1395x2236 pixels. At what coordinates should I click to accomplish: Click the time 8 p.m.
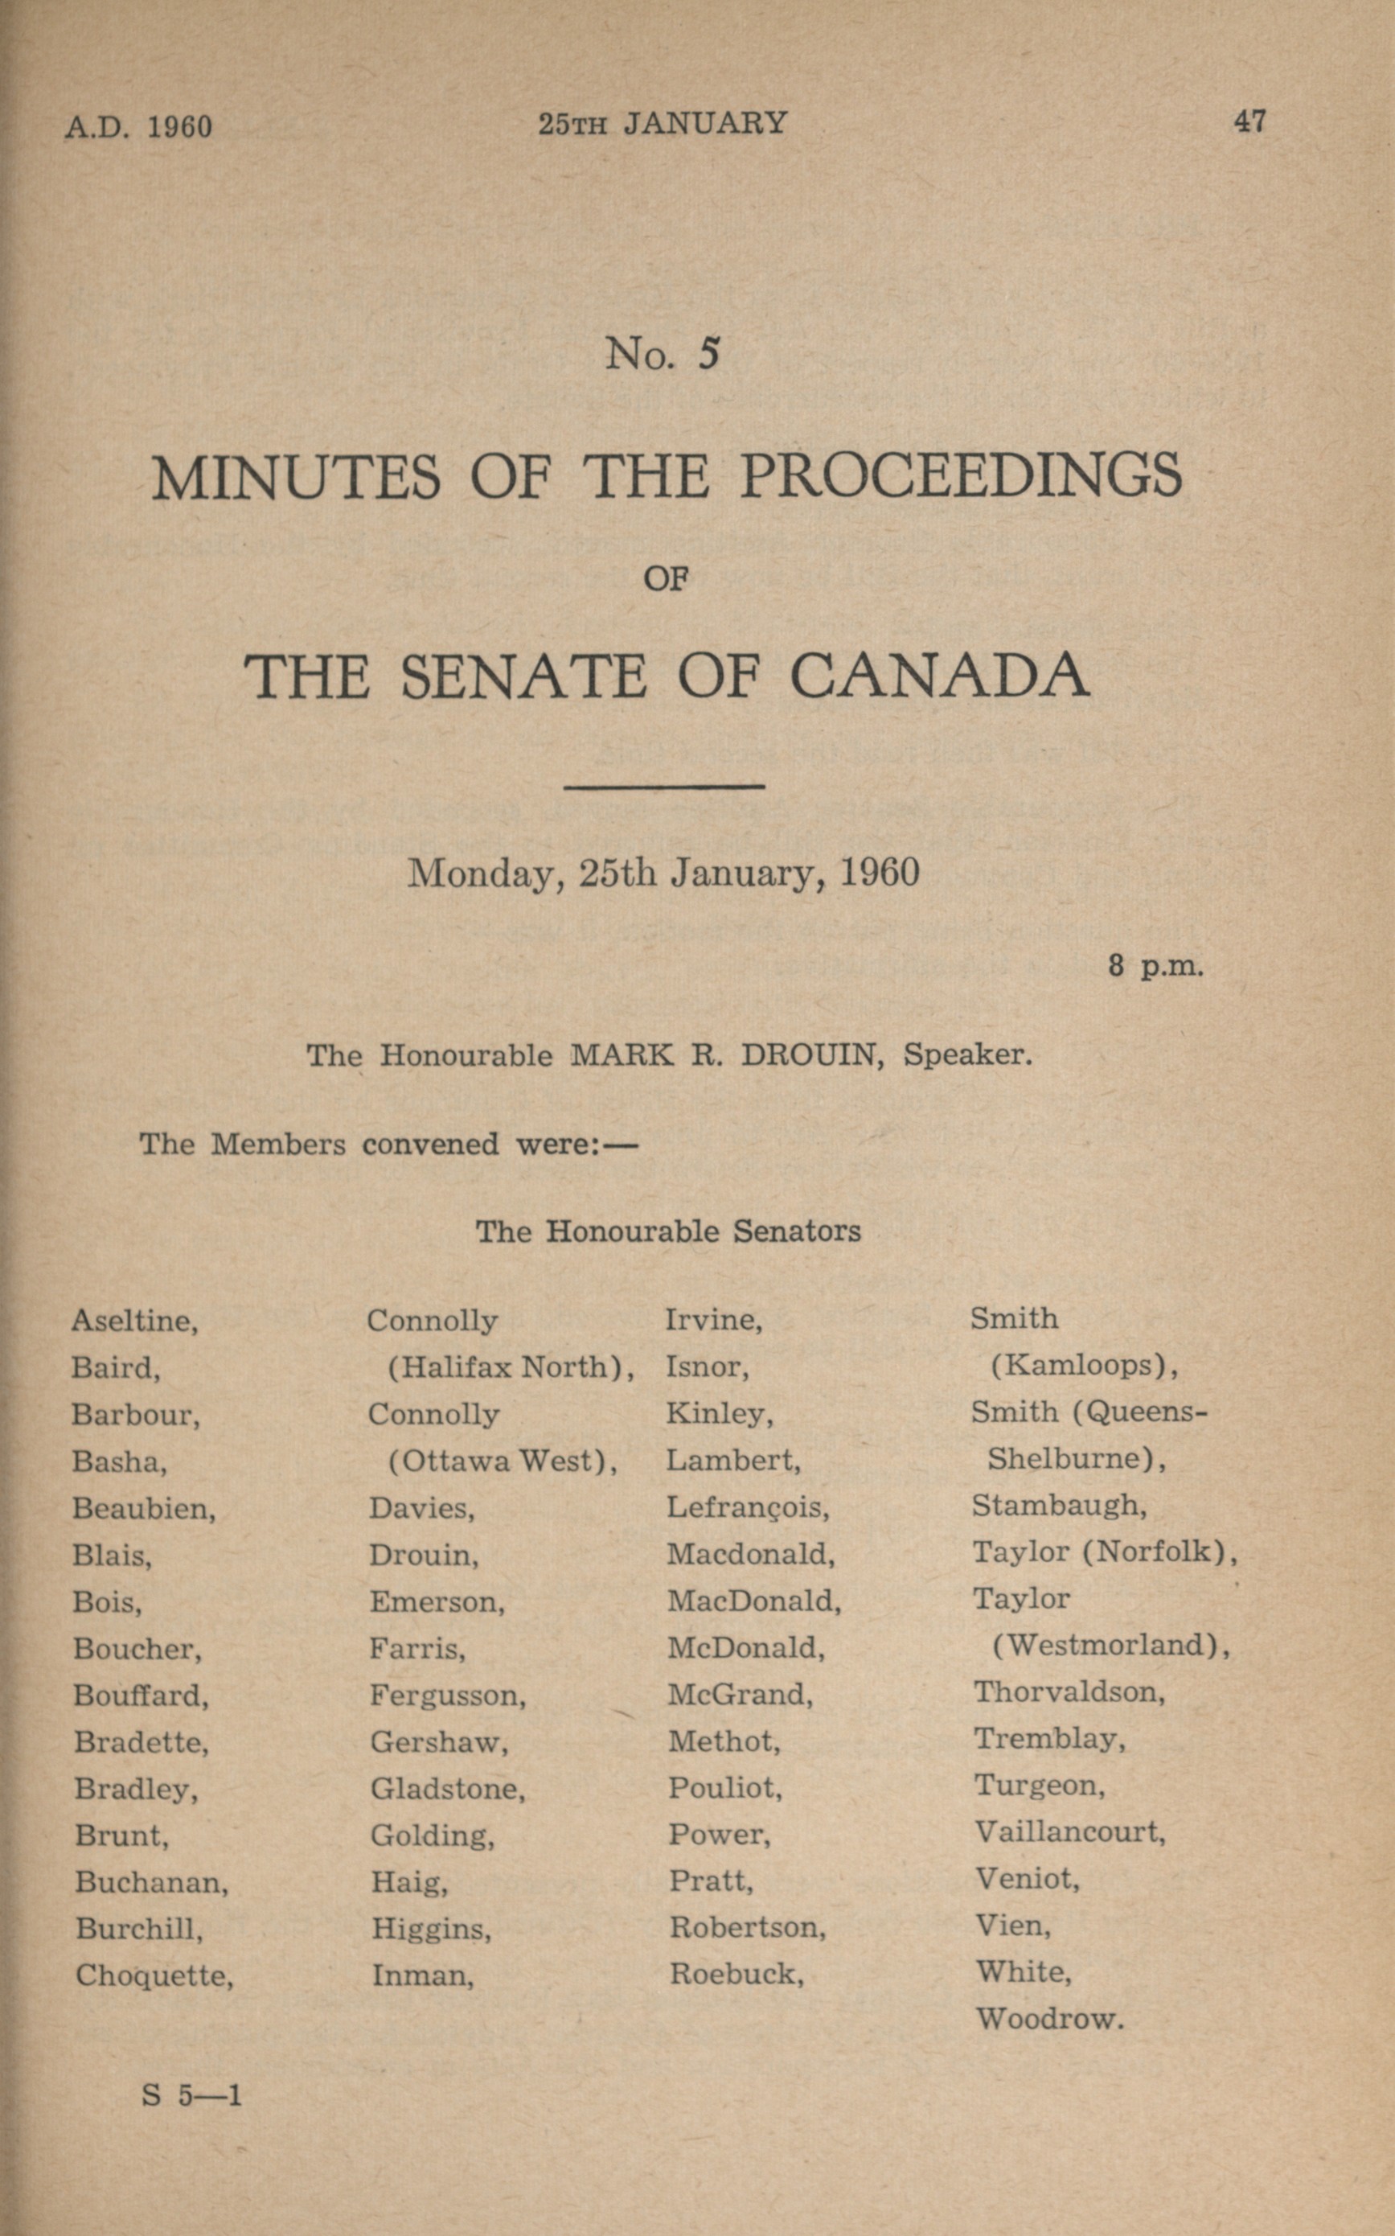(x=1156, y=967)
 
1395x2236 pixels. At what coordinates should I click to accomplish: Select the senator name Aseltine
(x=135, y=1321)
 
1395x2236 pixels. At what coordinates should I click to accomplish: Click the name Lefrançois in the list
(x=747, y=1508)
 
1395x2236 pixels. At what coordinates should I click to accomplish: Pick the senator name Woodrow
(x=1049, y=2019)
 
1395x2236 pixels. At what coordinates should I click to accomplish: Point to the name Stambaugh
(x=1059, y=1505)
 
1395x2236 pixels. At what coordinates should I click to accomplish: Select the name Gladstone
(x=448, y=1790)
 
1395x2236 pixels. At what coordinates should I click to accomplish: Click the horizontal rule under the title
(x=664, y=787)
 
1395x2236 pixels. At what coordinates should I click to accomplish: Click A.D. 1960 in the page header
(x=138, y=125)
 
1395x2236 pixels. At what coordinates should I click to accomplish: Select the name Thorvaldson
(x=1069, y=1691)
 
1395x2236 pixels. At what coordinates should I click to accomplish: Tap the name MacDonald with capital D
(x=753, y=1601)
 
